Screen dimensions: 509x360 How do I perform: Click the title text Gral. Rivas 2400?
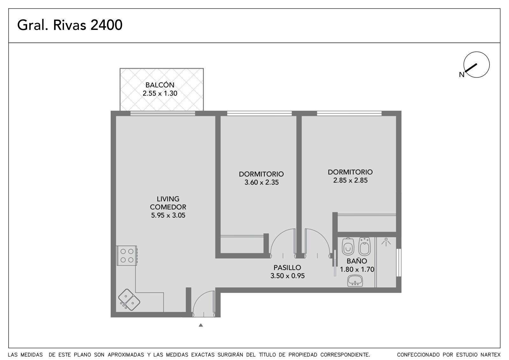click(x=70, y=25)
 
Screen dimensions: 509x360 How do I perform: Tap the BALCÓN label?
click(x=160, y=85)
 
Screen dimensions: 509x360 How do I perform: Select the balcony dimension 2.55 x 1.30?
click(x=160, y=93)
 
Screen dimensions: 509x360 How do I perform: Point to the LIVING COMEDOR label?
click(x=168, y=203)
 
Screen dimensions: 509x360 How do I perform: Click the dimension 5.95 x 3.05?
click(x=168, y=215)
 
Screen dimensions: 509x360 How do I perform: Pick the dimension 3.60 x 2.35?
click(x=261, y=182)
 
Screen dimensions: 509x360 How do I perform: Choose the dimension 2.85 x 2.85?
click(x=350, y=180)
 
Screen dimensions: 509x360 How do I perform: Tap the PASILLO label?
click(x=287, y=267)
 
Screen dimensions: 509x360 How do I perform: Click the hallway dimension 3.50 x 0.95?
click(x=288, y=276)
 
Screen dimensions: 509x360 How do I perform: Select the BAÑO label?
click(x=357, y=261)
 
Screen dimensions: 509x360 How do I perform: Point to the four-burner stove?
click(x=127, y=256)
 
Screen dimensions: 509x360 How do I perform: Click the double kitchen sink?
click(x=129, y=300)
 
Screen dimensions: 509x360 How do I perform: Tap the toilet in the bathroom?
click(x=348, y=246)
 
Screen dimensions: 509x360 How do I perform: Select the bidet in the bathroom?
click(x=365, y=246)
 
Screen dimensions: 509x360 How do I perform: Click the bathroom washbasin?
click(x=355, y=281)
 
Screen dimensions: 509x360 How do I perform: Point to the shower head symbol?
click(x=386, y=242)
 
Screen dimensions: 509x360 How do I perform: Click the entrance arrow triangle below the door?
click(x=201, y=325)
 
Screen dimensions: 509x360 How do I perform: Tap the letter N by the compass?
click(x=462, y=74)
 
